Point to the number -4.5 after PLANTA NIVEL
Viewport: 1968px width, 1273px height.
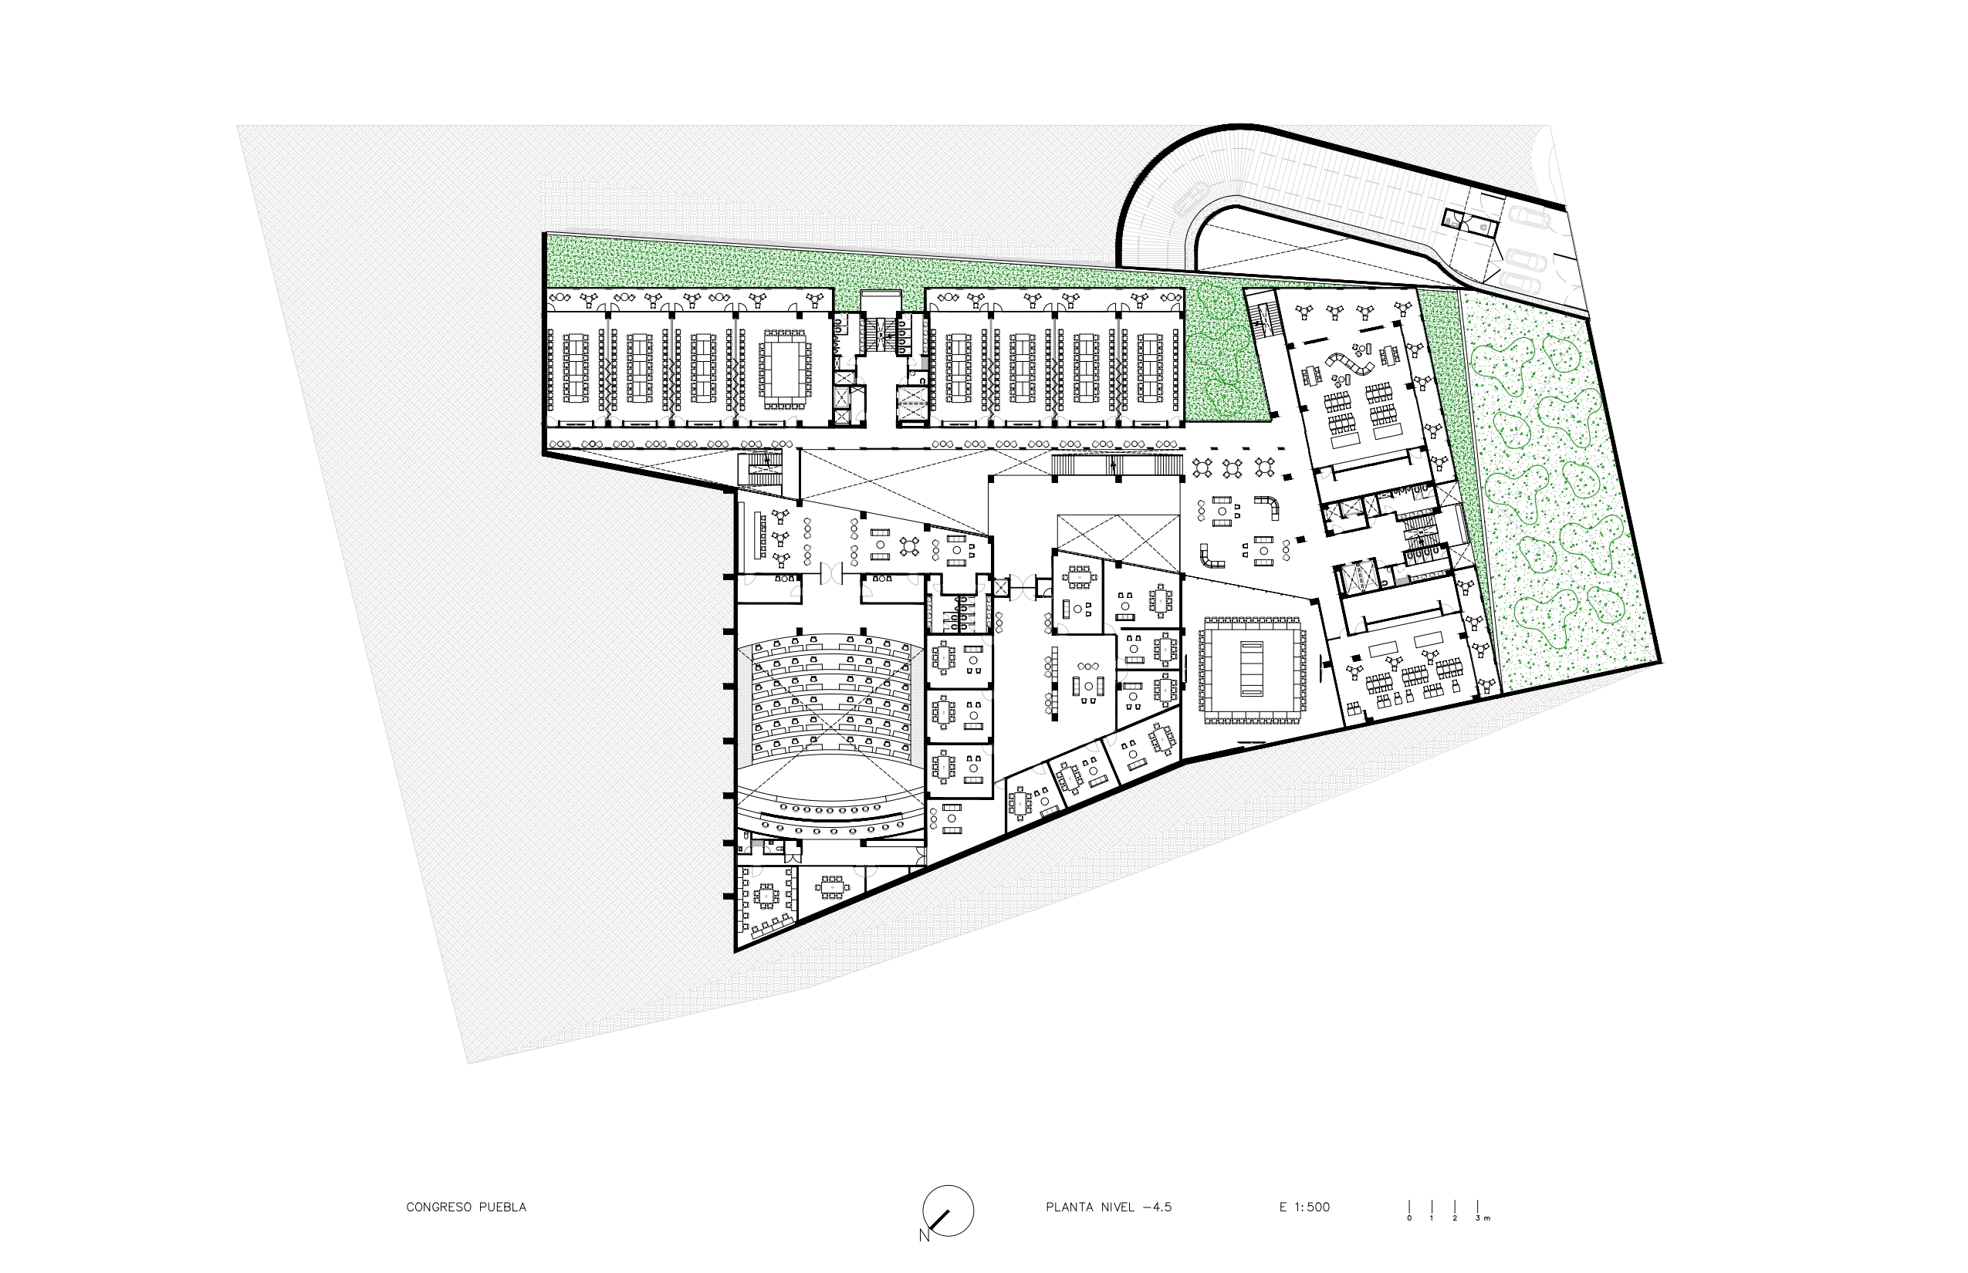point(1157,1207)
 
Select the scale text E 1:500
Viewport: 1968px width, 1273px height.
point(1305,1207)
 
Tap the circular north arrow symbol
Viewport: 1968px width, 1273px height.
point(948,1211)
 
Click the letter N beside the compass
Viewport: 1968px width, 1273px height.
point(924,1236)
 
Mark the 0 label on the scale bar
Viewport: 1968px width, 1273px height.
point(1409,1218)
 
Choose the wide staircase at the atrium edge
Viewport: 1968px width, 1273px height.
point(1115,465)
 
